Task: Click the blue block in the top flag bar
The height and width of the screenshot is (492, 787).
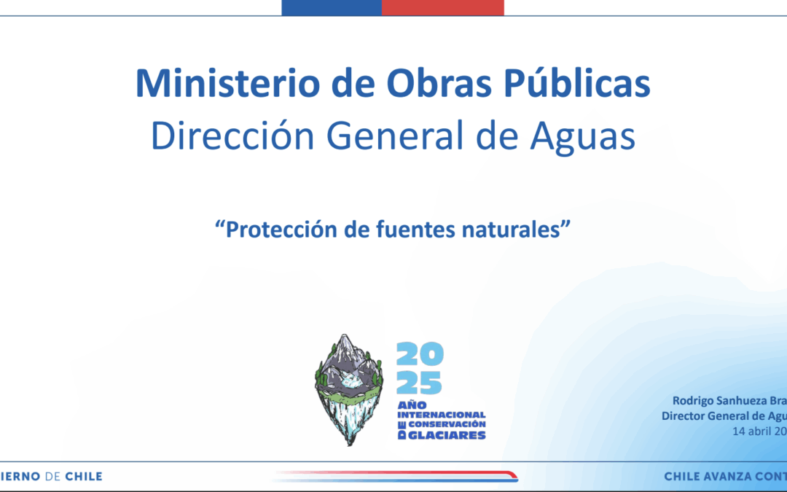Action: pos(332,7)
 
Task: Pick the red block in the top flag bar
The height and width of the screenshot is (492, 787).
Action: pos(442,7)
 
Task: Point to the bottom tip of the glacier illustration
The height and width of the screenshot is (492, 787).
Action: pos(348,442)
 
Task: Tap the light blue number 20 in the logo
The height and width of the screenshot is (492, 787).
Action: pos(419,356)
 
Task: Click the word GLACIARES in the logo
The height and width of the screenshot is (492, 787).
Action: pos(447,435)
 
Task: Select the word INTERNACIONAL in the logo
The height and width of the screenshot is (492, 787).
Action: pos(441,414)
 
